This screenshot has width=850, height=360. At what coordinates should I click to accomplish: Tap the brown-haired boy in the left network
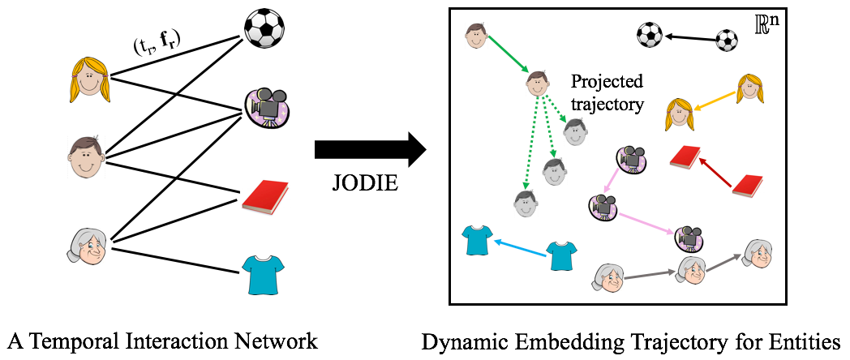(86, 157)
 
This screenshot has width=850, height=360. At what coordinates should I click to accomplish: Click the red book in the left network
(266, 198)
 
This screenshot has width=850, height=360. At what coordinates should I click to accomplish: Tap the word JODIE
(366, 182)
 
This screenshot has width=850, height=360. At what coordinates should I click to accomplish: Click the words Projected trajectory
(607, 92)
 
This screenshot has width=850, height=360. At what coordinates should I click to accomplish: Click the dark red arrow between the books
(715, 173)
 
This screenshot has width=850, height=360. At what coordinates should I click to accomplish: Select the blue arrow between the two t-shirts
(518, 245)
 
